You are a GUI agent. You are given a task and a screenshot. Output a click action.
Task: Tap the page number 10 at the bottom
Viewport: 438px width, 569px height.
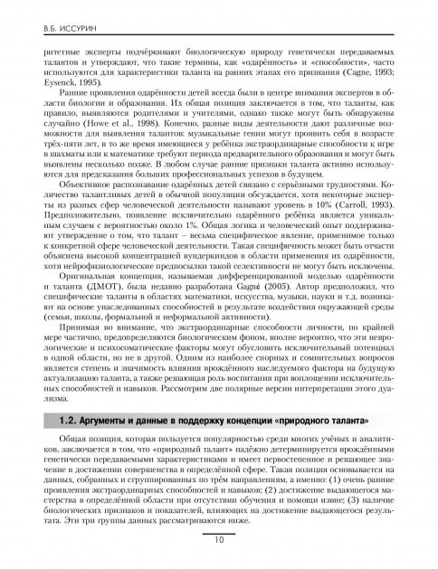pyautogui.click(x=219, y=541)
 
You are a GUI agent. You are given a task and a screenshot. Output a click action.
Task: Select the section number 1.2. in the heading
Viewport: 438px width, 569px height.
pyautogui.click(x=68, y=422)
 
